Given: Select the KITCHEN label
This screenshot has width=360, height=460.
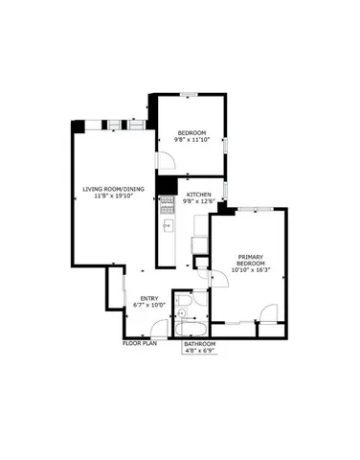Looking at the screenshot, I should click(x=198, y=194).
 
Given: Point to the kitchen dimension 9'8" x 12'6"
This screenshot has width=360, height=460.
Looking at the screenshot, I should click(x=198, y=201).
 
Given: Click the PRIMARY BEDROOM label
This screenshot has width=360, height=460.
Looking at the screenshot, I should click(x=251, y=261).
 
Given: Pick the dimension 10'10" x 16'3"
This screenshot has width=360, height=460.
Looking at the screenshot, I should click(x=251, y=269).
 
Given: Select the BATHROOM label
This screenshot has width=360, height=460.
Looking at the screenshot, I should click(x=200, y=343).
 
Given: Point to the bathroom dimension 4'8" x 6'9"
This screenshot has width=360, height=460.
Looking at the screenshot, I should click(x=200, y=351).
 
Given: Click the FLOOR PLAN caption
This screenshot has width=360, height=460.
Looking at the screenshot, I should click(x=139, y=342).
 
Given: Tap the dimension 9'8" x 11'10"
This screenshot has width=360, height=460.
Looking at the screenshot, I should click(x=191, y=139).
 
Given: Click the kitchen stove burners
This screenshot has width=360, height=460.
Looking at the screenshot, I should click(x=165, y=203).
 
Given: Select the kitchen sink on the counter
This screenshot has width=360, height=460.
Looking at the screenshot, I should click(x=166, y=227).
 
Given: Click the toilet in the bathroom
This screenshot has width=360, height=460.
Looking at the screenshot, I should click(x=192, y=305).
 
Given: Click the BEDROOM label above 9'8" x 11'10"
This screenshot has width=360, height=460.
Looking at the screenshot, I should click(x=191, y=131).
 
